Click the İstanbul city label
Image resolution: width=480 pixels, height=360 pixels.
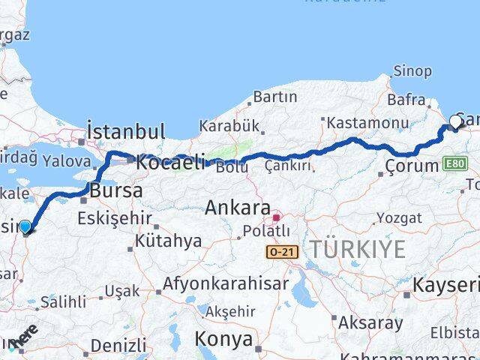(126, 131)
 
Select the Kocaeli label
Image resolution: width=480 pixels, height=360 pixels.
(169, 160)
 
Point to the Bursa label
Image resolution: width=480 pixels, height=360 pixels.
(115, 190)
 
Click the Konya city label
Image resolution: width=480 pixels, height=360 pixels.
(223, 339)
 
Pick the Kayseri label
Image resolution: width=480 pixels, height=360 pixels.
(445, 284)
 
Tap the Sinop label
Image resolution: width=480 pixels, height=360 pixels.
(412, 71)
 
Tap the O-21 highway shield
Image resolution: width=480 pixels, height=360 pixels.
(282, 253)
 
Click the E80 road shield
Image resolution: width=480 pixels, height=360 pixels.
(454, 163)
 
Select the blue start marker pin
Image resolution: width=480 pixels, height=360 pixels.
(25, 226)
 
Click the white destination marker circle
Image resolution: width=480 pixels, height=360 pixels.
(456, 121)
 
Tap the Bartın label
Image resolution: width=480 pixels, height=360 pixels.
(275, 97)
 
